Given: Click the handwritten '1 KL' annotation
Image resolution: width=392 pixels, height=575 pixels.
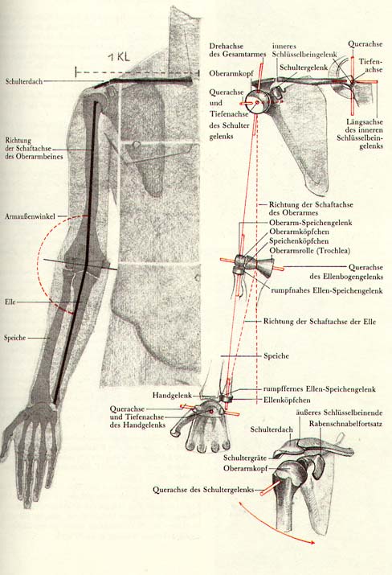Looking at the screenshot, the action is pos(119,58).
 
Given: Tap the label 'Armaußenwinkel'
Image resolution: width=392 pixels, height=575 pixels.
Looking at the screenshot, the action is pos(30,216).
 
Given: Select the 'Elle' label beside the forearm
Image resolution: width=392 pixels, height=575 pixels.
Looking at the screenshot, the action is pos(10,302).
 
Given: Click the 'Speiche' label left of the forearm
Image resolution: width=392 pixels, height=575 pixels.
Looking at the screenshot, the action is pos(15,338).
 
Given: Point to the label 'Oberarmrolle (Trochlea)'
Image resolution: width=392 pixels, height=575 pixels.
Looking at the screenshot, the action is pos(309,251).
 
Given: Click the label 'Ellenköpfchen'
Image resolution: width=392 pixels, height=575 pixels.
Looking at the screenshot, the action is pos(287,400).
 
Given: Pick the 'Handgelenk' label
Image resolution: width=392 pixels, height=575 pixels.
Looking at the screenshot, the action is pos(172,396).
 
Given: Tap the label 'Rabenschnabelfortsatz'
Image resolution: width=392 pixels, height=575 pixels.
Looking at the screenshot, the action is pos(345,424).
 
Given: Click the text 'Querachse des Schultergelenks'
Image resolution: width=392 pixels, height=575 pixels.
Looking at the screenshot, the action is pos(203,490).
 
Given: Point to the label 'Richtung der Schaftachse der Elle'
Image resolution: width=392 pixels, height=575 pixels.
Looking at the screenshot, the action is pos(320,322).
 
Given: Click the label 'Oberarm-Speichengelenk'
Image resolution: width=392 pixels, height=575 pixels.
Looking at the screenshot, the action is pos(311,223).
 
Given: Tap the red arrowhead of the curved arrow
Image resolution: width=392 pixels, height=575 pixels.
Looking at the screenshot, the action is pos(312,542).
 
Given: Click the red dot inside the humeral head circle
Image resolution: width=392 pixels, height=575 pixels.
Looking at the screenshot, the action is pos(257,103).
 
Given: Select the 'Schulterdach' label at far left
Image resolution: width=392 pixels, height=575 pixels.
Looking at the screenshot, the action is pos(24,81).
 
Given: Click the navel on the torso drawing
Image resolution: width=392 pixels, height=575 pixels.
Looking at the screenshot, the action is pos(198,277).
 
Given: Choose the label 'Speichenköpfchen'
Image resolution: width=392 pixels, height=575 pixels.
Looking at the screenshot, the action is pos(299,241).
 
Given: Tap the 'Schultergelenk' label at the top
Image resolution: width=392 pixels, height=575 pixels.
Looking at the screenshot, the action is pos(304,68).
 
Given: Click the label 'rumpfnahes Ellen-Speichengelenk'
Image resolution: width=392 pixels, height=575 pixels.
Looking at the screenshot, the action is pos(327,291).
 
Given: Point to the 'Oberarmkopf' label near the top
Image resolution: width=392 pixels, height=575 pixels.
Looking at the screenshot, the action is pos(231,73).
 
